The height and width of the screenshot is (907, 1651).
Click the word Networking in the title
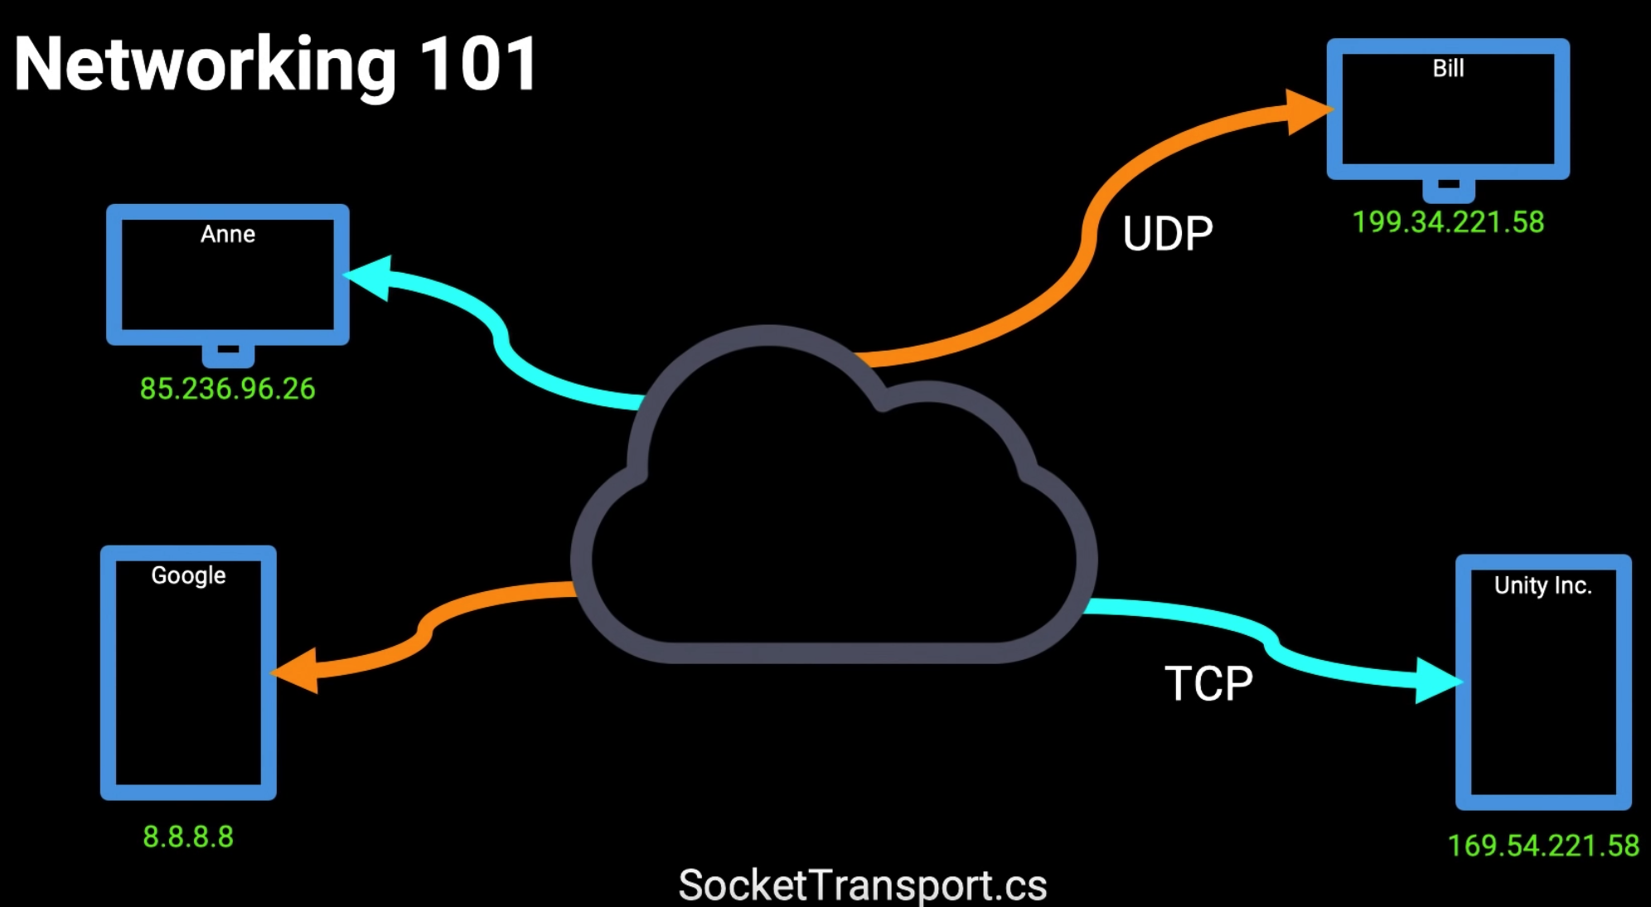click(205, 66)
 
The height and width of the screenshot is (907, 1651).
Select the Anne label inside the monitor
click(228, 235)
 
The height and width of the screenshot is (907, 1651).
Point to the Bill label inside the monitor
click(1448, 68)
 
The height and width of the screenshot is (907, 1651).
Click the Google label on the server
click(188, 575)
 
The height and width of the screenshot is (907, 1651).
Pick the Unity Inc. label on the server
click(1542, 586)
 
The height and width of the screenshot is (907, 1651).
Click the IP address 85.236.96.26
click(227, 389)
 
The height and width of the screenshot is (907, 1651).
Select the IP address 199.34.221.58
click(1448, 222)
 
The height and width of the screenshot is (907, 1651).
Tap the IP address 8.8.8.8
click(188, 837)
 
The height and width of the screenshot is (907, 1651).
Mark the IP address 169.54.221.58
click(1542, 846)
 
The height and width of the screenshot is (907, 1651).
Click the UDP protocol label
click(1167, 234)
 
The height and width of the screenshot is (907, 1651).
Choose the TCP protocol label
click(1208, 684)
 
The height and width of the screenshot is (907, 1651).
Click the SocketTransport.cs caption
click(862, 885)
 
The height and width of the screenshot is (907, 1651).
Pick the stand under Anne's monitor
click(228, 355)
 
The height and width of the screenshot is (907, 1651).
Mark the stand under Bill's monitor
click(1448, 190)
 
